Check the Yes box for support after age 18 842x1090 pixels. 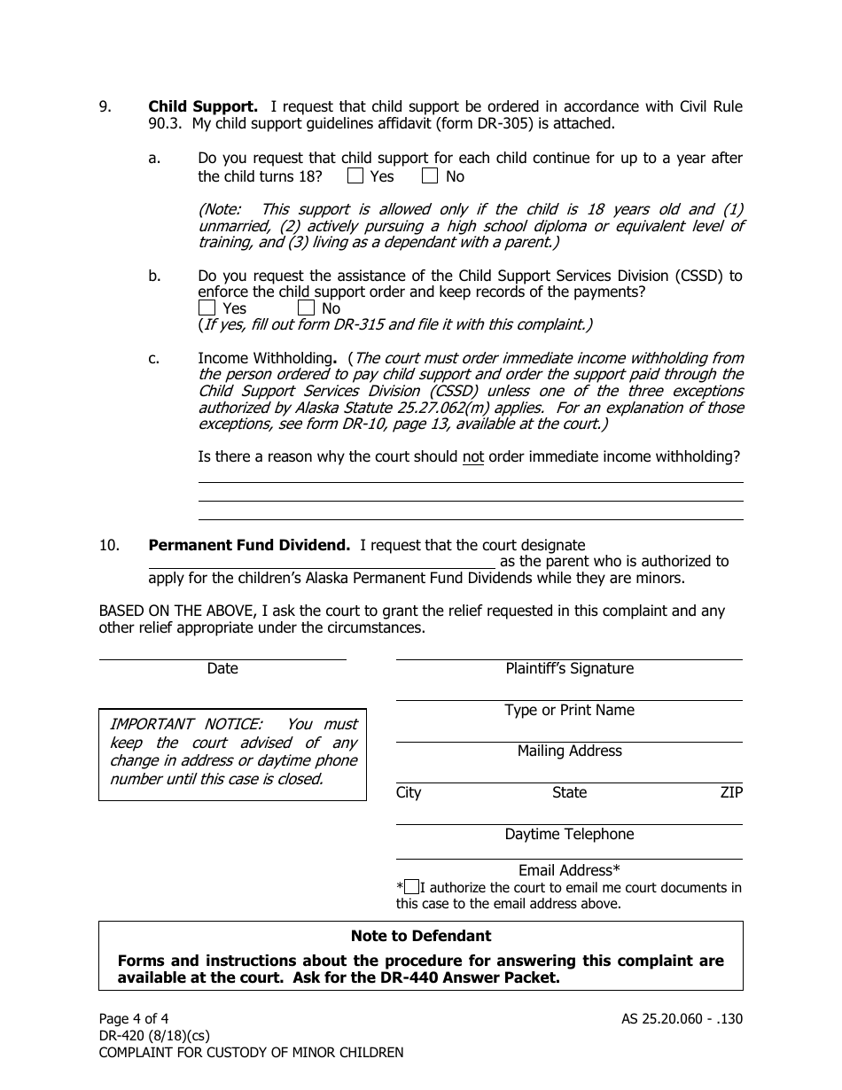[x=355, y=176]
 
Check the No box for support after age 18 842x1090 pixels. [x=430, y=176]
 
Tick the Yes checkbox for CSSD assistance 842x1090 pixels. [x=207, y=308]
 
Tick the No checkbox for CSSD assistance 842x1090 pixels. [x=306, y=308]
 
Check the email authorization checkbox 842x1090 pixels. [x=411, y=887]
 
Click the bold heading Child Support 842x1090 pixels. [x=203, y=107]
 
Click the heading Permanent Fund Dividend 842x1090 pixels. [x=249, y=545]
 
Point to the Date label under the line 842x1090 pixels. [x=222, y=669]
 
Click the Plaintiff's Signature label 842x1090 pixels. [x=569, y=669]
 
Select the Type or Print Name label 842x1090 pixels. [x=569, y=711]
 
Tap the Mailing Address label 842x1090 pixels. [x=569, y=751]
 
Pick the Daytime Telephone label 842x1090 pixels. [x=569, y=835]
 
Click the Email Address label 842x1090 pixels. [x=569, y=870]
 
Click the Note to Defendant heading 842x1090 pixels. [x=420, y=936]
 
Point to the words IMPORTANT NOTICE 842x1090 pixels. [x=185, y=724]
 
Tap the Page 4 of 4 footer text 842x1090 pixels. [x=133, y=1019]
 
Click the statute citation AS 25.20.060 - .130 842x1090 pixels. [x=682, y=1019]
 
